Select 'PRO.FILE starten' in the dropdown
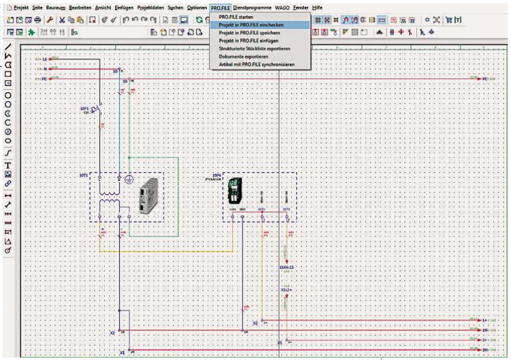point(232,16)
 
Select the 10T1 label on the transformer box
point(83,176)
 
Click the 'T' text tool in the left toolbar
point(7,163)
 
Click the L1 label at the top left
point(44,58)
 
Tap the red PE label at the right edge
point(484,79)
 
